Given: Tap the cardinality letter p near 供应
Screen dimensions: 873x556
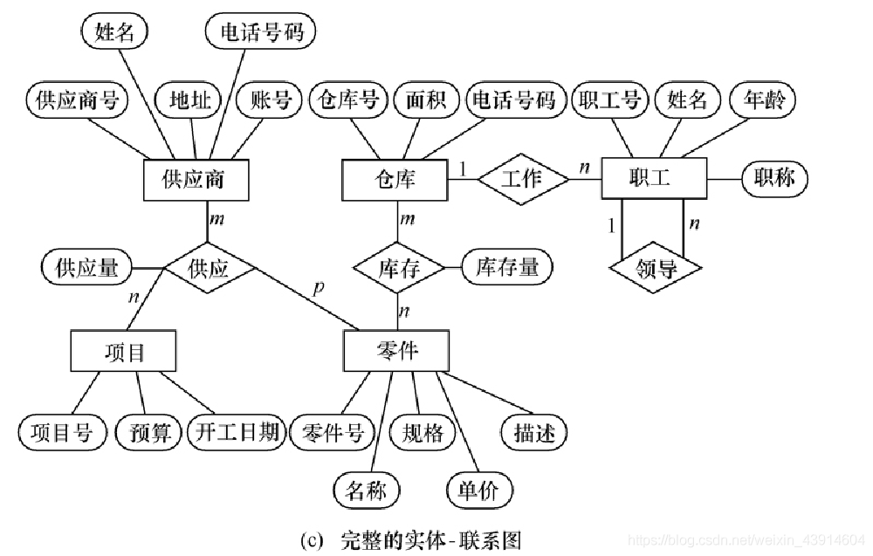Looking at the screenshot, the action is (x=318, y=287).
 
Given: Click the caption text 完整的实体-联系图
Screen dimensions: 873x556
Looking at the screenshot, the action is (x=431, y=541).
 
